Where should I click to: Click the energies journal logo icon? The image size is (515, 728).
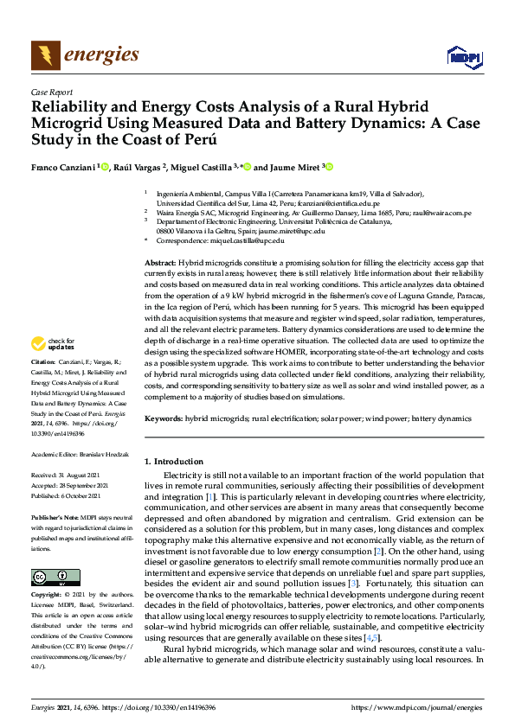45,56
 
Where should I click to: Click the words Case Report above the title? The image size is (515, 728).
51,92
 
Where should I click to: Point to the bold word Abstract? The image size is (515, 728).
158,261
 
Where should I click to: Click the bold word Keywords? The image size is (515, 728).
162,418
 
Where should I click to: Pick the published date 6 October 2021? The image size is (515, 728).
87,495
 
